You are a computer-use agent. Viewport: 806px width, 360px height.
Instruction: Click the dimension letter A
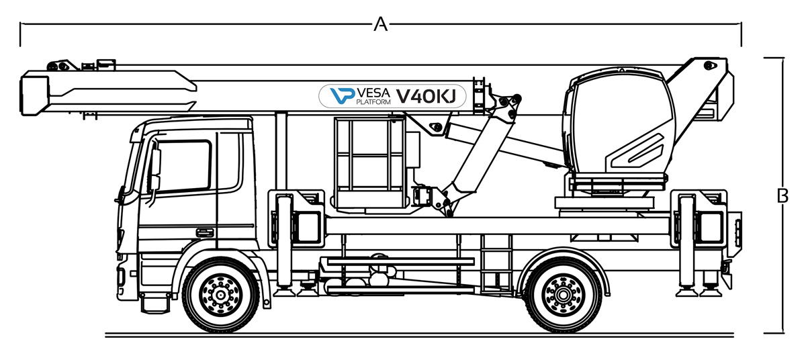coord(380,25)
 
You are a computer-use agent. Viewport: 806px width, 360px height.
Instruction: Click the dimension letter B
coord(782,196)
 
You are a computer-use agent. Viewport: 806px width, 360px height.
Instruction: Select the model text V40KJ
coord(426,97)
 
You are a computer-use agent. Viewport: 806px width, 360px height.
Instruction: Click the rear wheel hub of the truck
coord(563,294)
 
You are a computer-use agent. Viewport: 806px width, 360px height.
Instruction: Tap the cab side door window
coord(183,167)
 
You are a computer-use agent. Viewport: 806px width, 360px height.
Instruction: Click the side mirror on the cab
coord(155,168)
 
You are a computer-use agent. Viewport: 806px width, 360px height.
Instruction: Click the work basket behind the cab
coord(370,161)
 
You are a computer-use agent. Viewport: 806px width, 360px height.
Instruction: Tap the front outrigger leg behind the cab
coord(285,242)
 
